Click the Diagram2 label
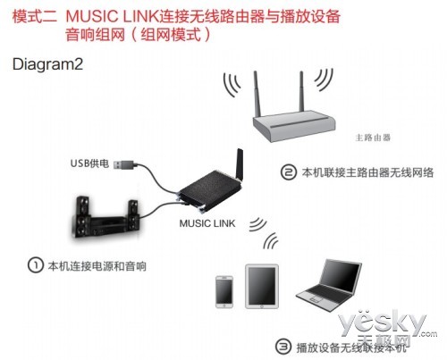[x=47, y=64]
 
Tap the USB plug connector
[x=125, y=164]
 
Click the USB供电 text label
[x=89, y=163]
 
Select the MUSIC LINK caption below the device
[x=207, y=223]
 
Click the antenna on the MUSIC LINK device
[x=240, y=164]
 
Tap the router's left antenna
[x=257, y=94]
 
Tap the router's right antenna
[x=302, y=92]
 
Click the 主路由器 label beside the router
[x=373, y=138]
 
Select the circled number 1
[x=36, y=265]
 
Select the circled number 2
[x=289, y=172]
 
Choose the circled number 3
[x=283, y=347]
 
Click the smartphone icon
[x=224, y=292]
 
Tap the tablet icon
[x=262, y=287]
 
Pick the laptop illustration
[x=329, y=285]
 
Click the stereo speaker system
[x=105, y=217]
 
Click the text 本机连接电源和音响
[x=97, y=265]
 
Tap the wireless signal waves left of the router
[x=231, y=84]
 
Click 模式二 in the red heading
[x=35, y=16]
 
